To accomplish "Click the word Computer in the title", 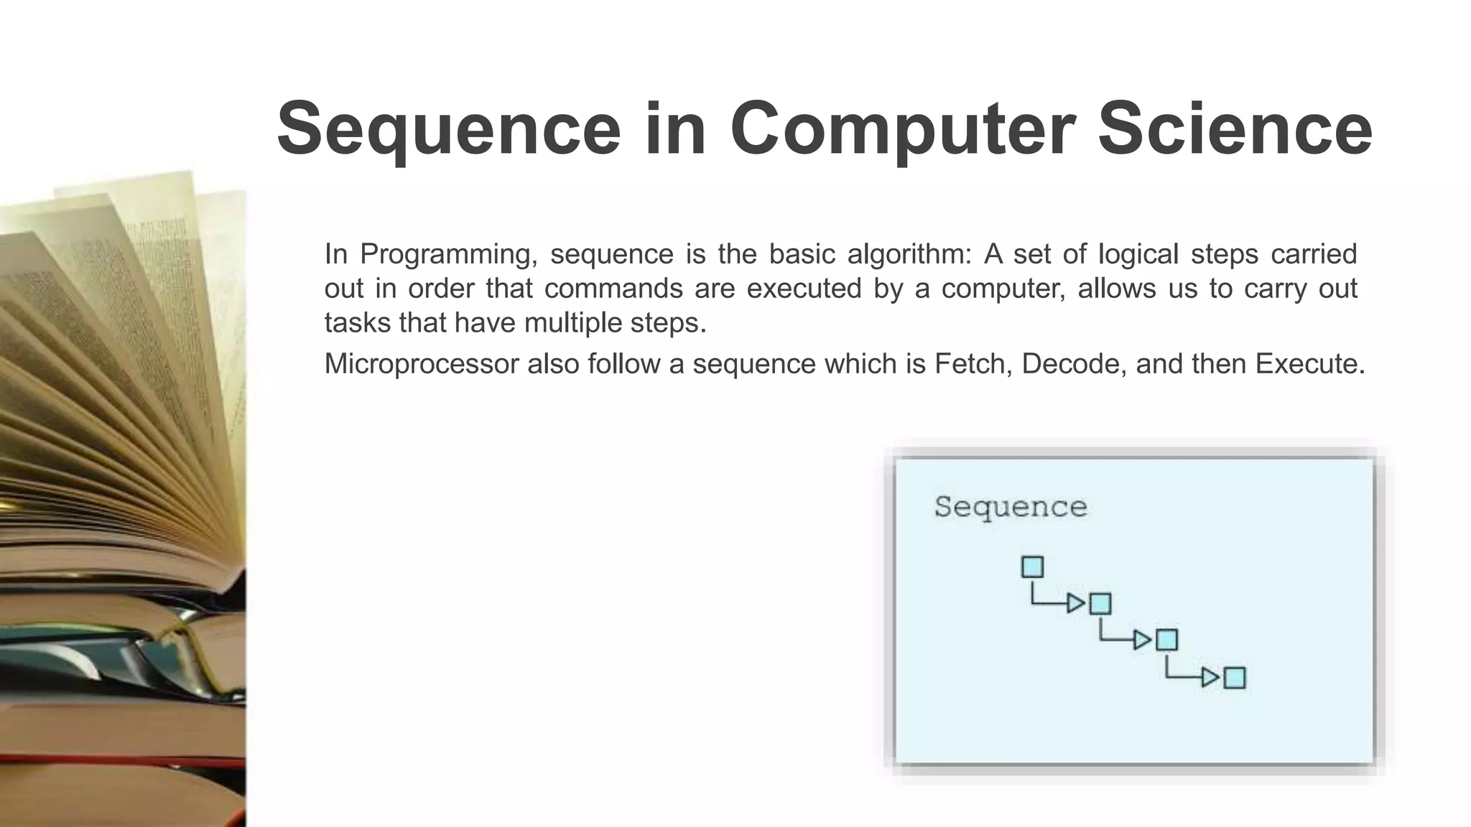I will (902, 129).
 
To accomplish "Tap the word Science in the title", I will (1235, 129).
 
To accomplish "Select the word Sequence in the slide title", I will (448, 129).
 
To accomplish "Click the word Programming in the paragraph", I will (448, 255).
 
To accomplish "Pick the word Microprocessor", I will (422, 364).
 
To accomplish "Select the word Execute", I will (1309, 364).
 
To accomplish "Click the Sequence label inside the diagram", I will (1011, 507).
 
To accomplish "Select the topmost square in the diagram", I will (1032, 567).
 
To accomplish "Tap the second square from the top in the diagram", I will (1100, 604).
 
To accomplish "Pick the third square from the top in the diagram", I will (1166, 640).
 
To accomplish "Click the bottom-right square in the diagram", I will (1234, 678).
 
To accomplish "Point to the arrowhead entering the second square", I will (1076, 604).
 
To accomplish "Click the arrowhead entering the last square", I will (1210, 678).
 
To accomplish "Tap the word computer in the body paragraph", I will (1003, 289).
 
